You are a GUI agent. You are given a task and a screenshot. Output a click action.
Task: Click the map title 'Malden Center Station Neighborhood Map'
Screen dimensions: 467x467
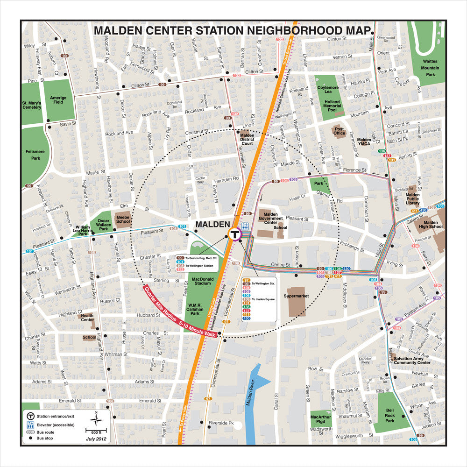click(232, 31)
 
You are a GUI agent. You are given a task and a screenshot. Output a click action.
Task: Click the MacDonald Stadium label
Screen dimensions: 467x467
click(203, 280)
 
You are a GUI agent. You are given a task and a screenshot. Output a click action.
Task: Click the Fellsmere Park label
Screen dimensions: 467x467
click(33, 155)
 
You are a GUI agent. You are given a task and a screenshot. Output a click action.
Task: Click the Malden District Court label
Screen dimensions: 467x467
click(247, 139)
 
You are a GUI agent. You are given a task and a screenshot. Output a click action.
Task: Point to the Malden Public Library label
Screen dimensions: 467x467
click(412, 199)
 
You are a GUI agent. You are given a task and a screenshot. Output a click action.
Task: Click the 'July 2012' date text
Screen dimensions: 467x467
click(96, 439)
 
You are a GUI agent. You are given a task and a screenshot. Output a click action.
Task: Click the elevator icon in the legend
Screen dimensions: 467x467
click(30, 425)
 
